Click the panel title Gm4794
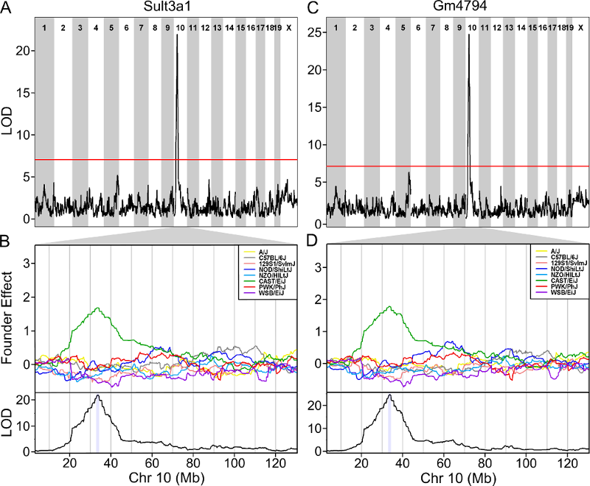click(458, 7)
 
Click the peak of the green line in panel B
click(97, 308)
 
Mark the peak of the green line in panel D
click(389, 306)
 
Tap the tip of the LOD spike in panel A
click(177, 35)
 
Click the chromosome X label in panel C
click(580, 27)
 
